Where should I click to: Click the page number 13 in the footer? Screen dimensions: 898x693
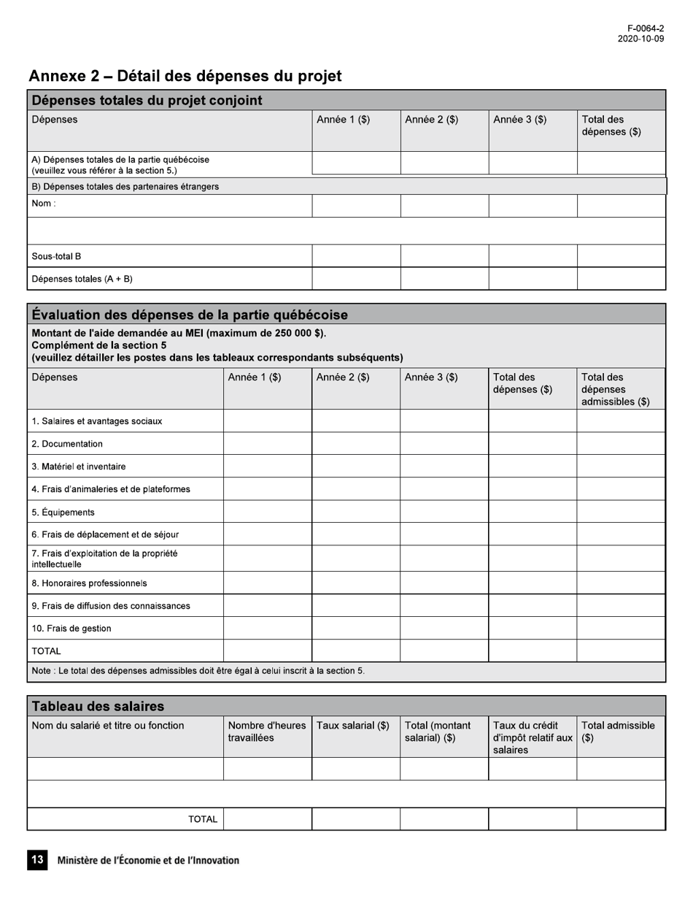click(37, 860)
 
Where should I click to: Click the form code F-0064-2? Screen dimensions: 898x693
click(645, 28)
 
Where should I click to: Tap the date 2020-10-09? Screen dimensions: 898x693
click(640, 39)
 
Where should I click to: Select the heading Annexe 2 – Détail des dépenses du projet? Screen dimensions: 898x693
click(185, 76)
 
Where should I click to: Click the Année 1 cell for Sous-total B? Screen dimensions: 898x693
click(356, 256)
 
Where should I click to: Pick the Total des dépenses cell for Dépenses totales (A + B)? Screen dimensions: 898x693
click(621, 279)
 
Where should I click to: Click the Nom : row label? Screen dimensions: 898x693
click(43, 204)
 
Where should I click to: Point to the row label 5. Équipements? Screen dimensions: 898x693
click(63, 513)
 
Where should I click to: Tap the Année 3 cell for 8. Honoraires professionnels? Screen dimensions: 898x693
click(444, 583)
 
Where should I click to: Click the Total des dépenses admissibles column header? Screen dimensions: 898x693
click(615, 389)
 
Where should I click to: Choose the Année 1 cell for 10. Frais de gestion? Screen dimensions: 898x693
click(267, 629)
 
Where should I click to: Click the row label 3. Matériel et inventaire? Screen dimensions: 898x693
click(79, 467)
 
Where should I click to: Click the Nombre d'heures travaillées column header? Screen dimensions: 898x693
click(266, 732)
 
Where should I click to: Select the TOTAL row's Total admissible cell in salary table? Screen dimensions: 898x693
click(621, 819)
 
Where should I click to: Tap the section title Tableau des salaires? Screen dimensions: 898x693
click(98, 706)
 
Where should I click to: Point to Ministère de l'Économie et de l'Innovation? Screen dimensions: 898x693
click(148, 860)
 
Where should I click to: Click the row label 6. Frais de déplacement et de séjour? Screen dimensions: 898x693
click(105, 534)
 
